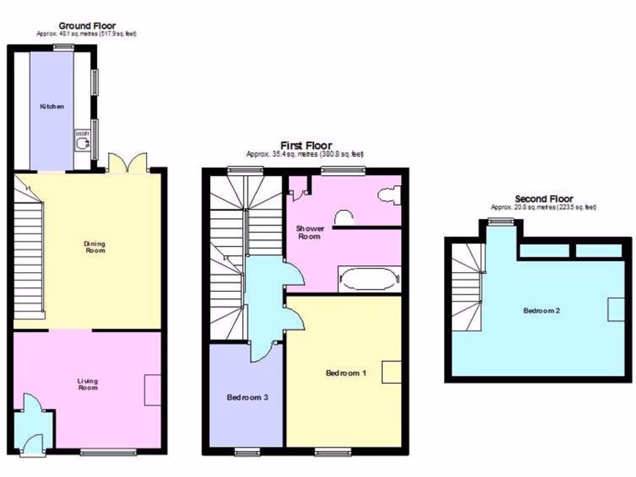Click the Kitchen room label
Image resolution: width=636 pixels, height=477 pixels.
point(52,106)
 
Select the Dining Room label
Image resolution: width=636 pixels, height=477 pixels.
point(94,247)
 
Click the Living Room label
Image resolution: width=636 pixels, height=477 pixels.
point(88,384)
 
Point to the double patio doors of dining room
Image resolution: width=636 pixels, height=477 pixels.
point(127,163)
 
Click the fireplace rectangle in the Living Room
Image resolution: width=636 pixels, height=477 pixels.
point(153,390)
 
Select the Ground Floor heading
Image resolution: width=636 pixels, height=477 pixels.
point(87,25)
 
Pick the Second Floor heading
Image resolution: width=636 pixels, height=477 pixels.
point(543,199)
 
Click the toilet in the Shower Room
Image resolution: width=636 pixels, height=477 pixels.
point(389,195)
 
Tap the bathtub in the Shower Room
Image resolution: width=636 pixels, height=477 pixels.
point(369,279)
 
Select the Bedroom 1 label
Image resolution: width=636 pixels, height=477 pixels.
point(346,373)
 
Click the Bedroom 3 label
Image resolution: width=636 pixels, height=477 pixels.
point(247,397)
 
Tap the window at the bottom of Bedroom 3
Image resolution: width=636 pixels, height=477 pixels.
point(247,452)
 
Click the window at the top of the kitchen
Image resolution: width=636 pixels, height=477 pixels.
point(63,47)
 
